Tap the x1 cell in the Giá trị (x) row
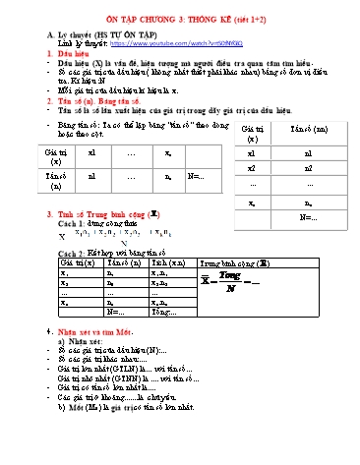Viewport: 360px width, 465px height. tap(91, 153)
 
